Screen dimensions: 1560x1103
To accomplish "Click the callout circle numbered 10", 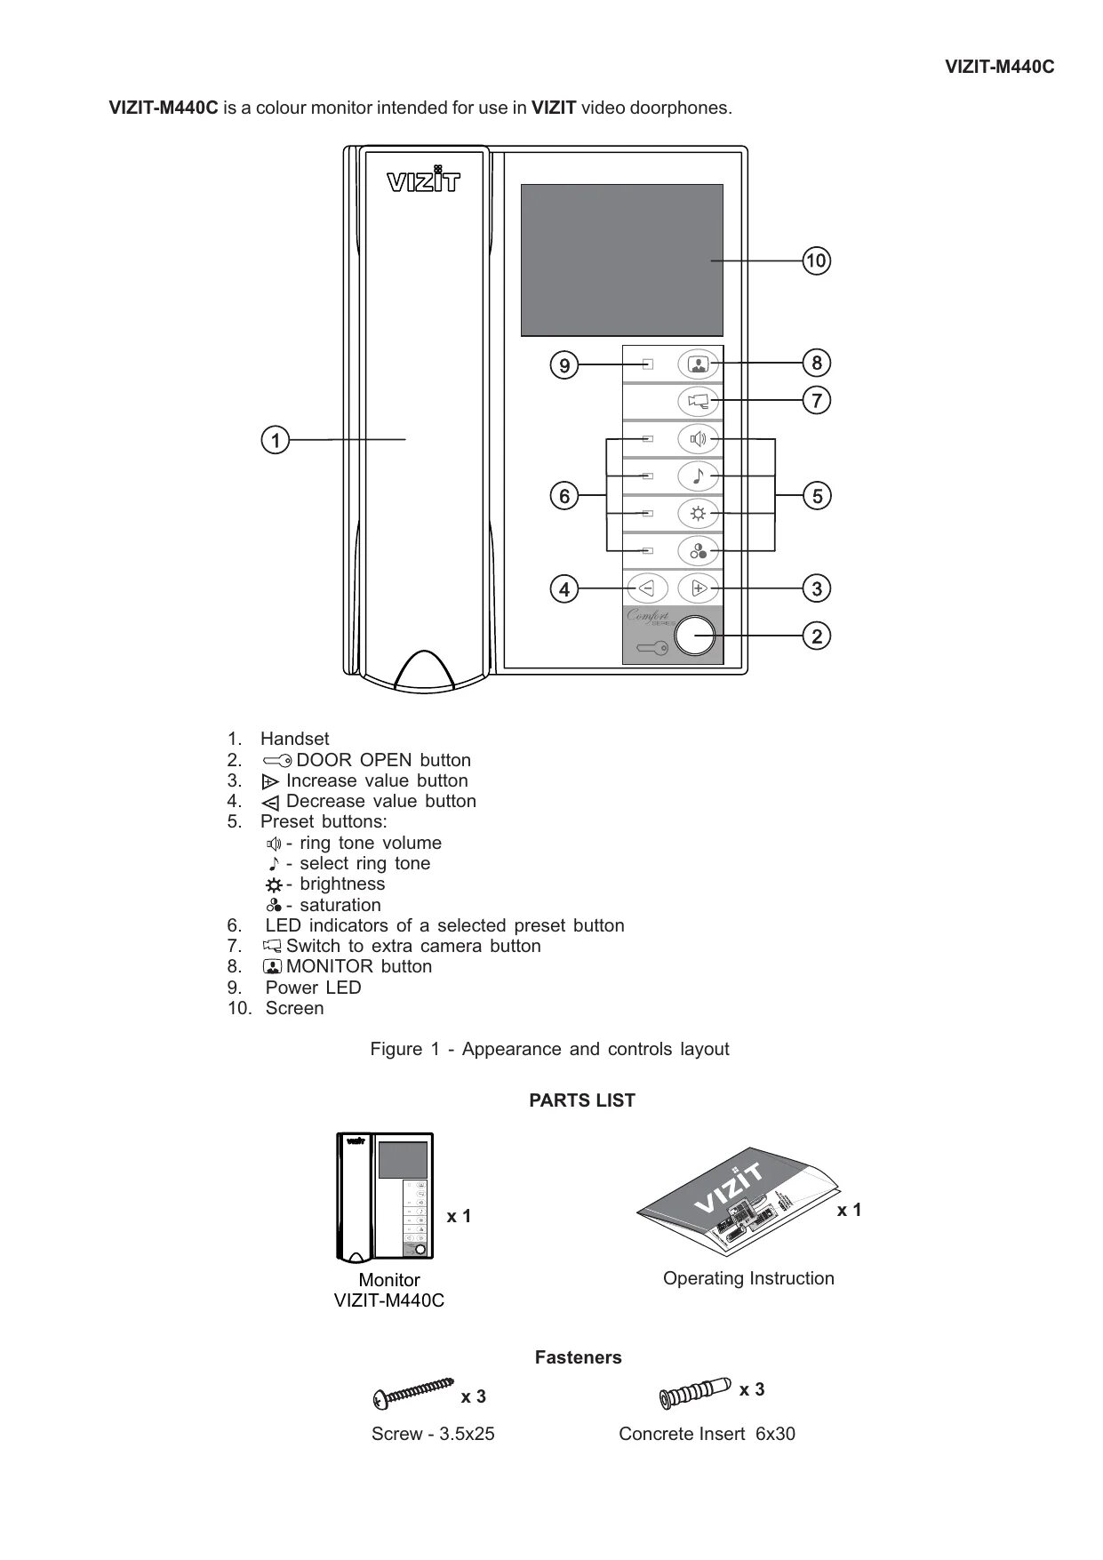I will [x=816, y=261].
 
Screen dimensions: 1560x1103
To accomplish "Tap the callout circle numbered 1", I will [x=276, y=440].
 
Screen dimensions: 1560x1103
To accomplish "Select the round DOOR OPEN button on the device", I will [x=695, y=636].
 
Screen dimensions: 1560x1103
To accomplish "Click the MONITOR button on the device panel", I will [x=698, y=364].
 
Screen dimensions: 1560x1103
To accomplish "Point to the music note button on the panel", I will [x=698, y=476].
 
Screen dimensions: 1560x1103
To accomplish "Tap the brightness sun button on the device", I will [x=698, y=514].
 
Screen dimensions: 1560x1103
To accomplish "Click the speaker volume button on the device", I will [x=698, y=438].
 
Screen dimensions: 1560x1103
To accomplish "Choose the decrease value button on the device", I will [x=646, y=588].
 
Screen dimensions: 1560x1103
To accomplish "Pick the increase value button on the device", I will [x=699, y=588].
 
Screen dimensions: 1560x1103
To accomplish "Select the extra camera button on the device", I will [x=698, y=401].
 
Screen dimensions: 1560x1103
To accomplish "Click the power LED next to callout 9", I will [x=648, y=364].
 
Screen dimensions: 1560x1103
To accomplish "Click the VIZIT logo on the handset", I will [x=424, y=180].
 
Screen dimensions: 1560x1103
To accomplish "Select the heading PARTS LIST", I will [x=582, y=1100].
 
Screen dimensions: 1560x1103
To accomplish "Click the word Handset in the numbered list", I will [x=294, y=739].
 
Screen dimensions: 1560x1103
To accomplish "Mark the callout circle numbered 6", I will [x=563, y=495].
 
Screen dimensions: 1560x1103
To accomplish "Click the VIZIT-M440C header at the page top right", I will [x=999, y=67].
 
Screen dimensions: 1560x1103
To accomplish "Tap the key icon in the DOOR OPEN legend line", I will [x=277, y=761].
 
